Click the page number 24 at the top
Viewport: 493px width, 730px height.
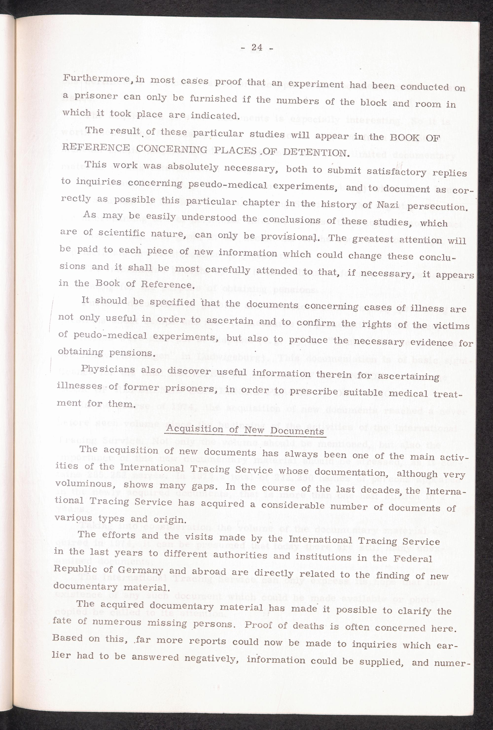257,48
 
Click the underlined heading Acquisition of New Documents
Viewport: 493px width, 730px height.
245,430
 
